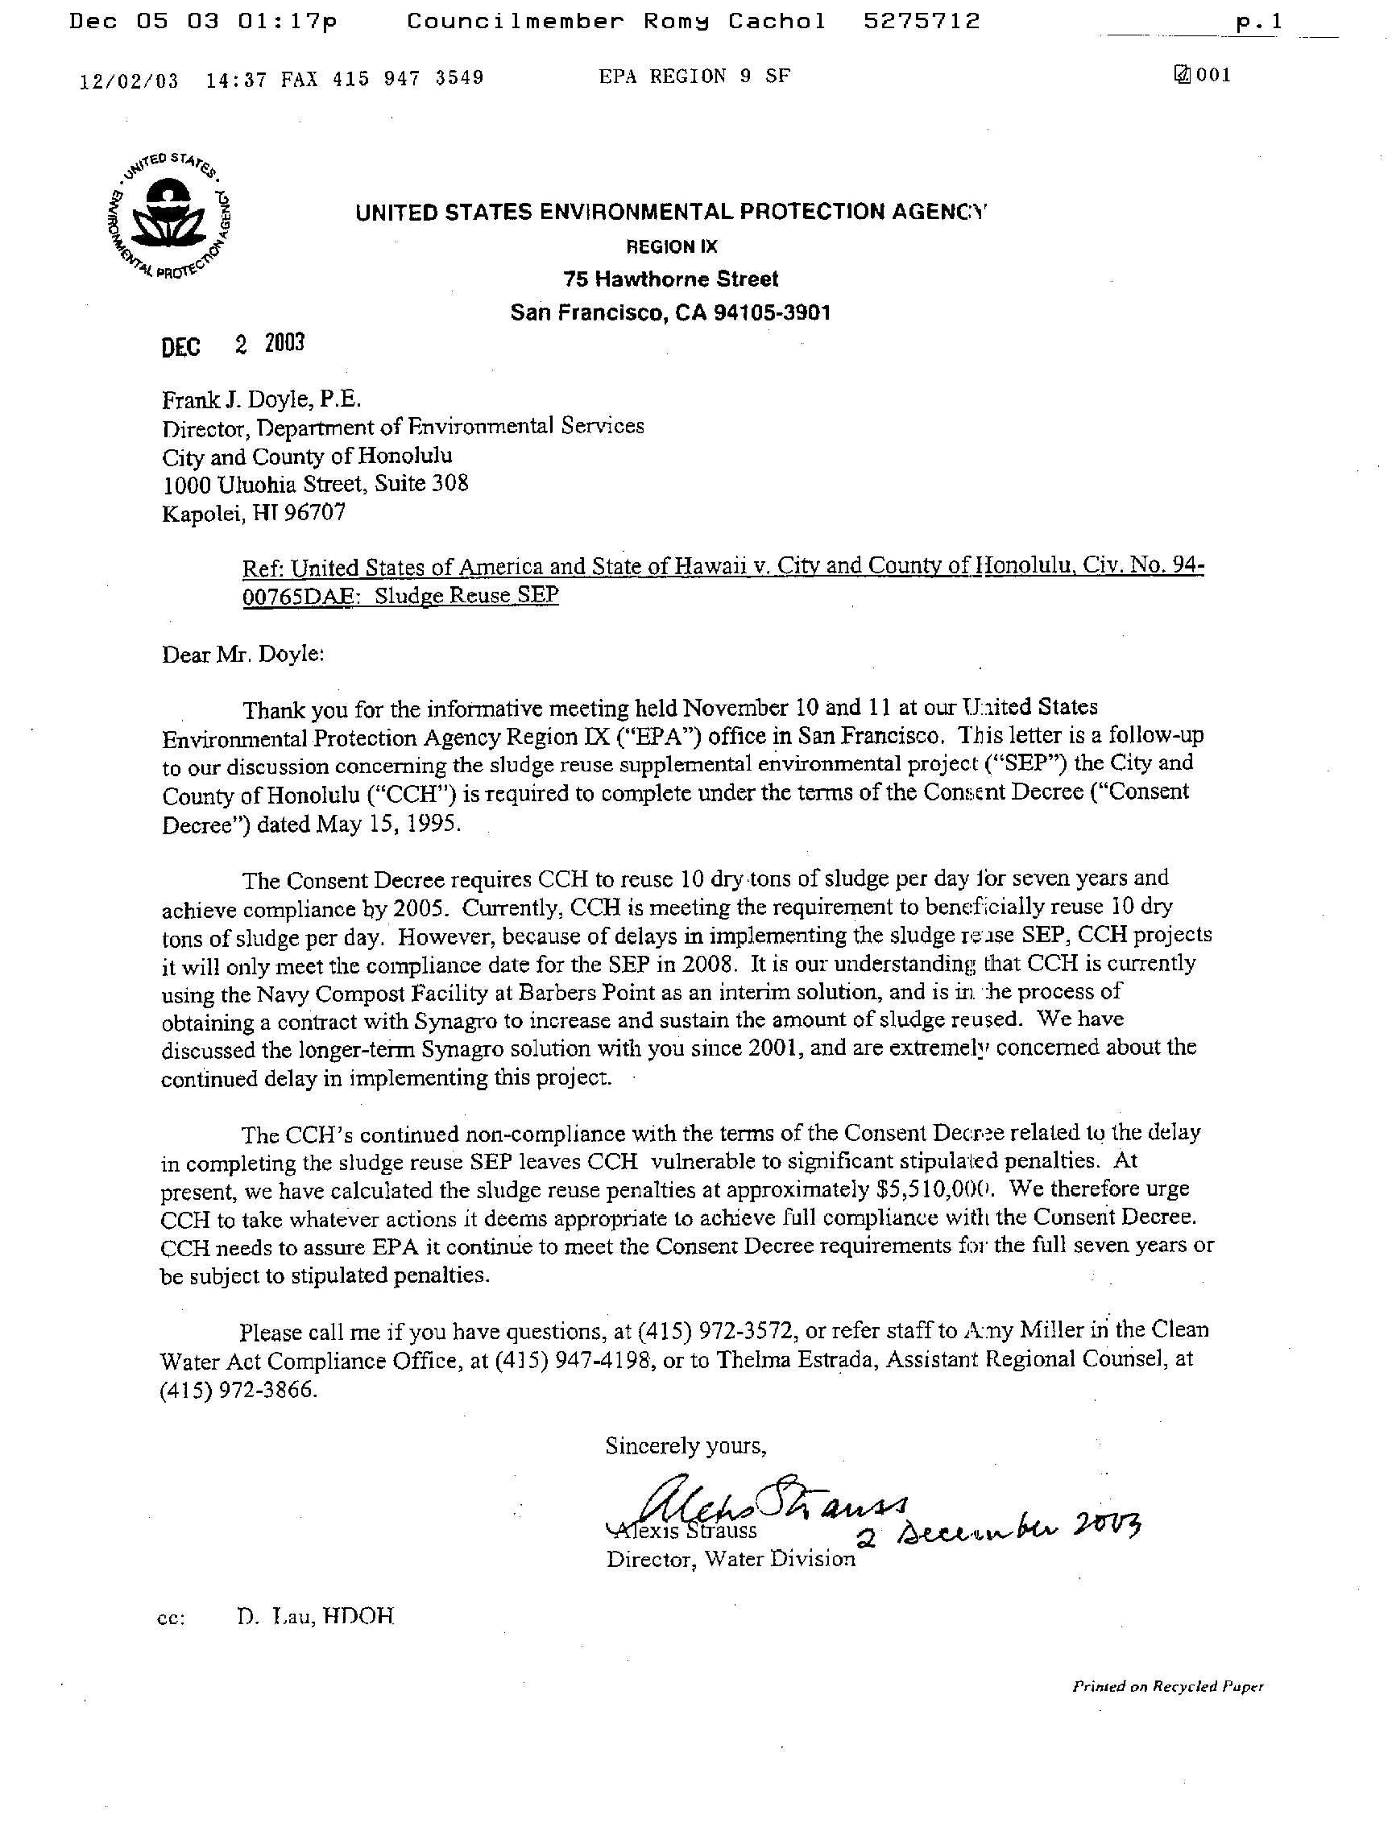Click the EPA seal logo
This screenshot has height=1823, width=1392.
point(170,216)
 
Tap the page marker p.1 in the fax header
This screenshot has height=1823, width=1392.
point(1258,23)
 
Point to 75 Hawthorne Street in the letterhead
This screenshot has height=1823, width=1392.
point(670,279)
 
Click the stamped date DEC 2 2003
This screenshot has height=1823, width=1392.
point(233,345)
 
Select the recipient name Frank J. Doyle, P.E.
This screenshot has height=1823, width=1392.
point(261,399)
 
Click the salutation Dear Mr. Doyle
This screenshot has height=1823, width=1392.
point(242,654)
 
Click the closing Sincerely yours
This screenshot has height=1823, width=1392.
point(686,1445)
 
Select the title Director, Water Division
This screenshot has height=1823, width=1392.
point(730,1559)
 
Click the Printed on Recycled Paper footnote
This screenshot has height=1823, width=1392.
point(1167,1685)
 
